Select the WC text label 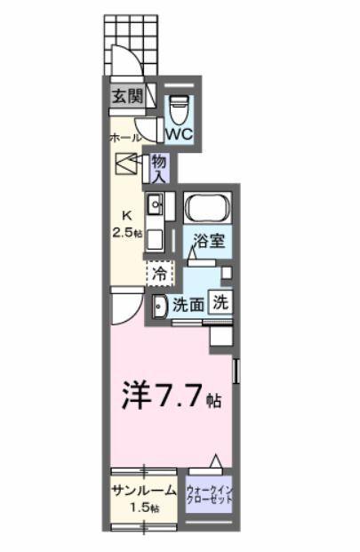(180, 135)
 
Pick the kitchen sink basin (154, 206)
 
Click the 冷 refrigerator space (157, 274)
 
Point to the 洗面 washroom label (188, 303)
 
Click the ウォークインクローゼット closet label (210, 495)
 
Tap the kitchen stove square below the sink (155, 239)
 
